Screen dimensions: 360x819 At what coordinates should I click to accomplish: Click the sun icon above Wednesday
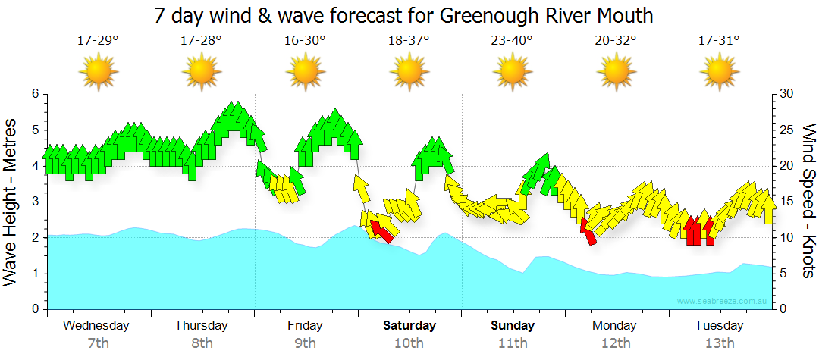[x=98, y=72]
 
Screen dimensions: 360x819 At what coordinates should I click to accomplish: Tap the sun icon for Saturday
[x=409, y=72]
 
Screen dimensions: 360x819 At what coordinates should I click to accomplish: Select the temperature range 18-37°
[x=409, y=40]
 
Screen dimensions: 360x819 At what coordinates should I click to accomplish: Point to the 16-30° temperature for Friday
[x=306, y=40]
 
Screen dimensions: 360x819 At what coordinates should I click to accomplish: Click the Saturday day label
[x=409, y=326]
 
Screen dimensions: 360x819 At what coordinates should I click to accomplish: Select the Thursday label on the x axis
[x=202, y=326]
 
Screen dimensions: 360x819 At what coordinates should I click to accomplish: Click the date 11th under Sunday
[x=513, y=343]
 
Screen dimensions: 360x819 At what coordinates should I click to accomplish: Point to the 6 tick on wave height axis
[x=34, y=94]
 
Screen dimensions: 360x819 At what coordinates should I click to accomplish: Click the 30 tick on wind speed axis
[x=787, y=94]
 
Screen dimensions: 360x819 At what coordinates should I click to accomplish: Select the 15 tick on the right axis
[x=787, y=202]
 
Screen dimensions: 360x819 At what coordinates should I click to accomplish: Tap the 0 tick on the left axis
[x=34, y=309]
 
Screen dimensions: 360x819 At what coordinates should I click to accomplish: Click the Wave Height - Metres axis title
[x=11, y=202]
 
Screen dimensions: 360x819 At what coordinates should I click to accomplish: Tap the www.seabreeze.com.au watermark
[x=723, y=302]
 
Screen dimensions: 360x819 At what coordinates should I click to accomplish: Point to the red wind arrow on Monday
[x=588, y=230]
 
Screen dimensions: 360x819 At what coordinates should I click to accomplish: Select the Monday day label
[x=615, y=326]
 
